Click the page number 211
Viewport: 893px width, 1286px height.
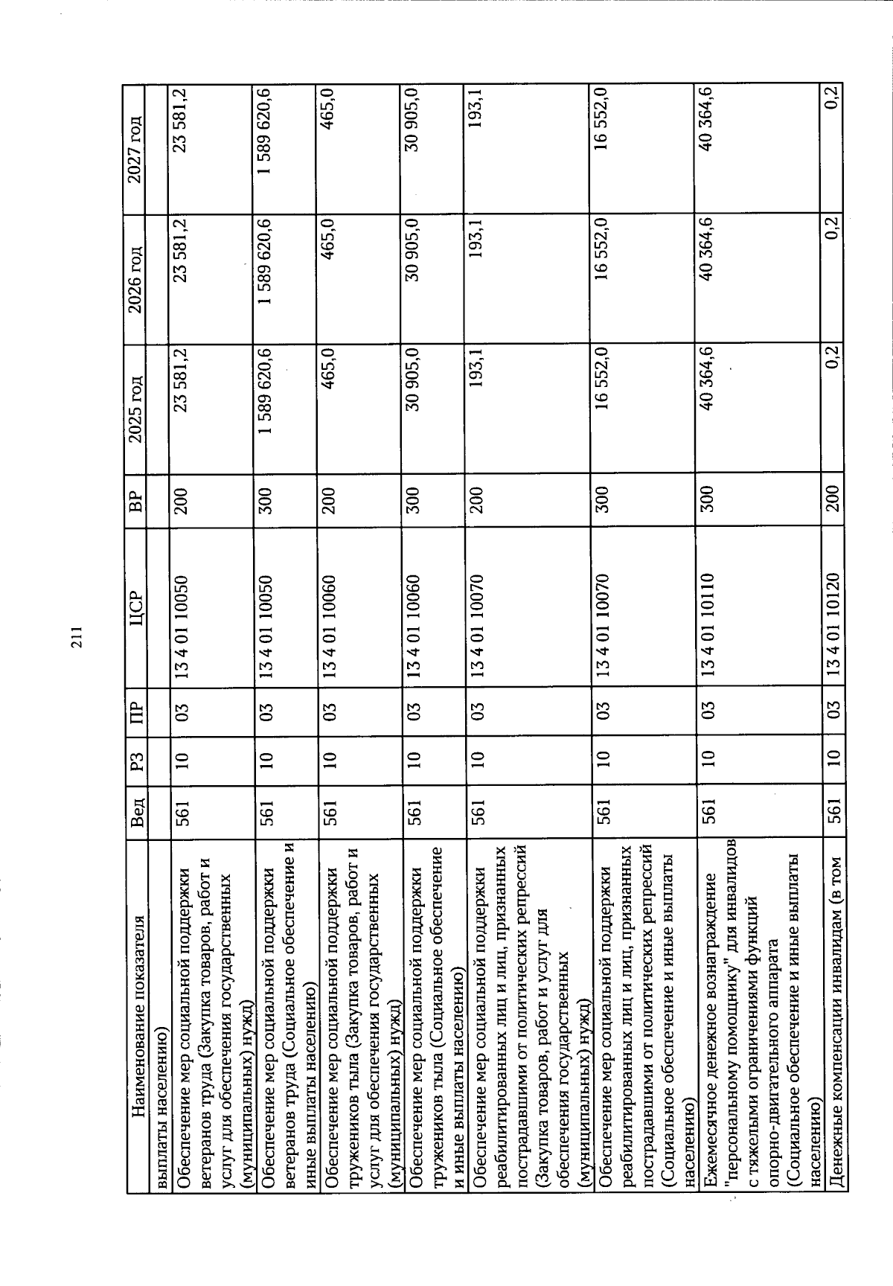77,642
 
